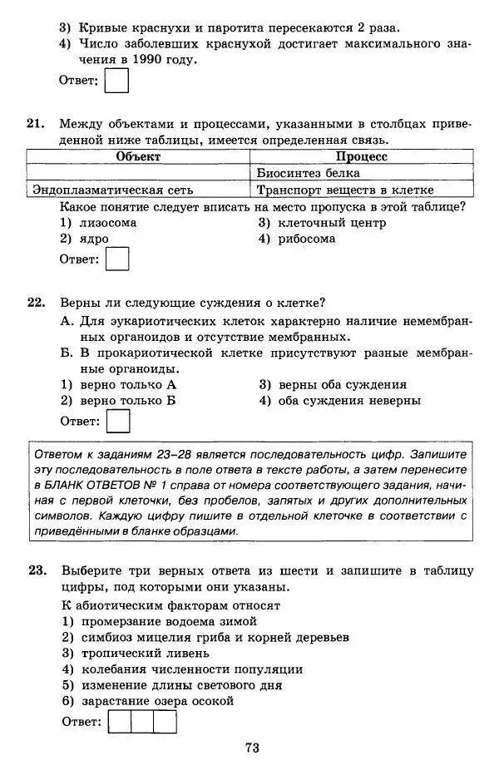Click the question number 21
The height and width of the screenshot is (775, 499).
(35, 124)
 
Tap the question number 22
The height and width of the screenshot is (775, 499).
(35, 303)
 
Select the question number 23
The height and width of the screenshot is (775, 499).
(35, 570)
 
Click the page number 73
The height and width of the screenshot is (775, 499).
(253, 748)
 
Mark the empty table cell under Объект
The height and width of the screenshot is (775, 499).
(138, 173)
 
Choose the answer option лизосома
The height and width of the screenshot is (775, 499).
(108, 223)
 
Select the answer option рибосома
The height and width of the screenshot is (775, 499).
(308, 239)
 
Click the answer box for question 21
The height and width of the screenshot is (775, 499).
(119, 259)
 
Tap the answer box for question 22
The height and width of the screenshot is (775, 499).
(119, 422)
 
